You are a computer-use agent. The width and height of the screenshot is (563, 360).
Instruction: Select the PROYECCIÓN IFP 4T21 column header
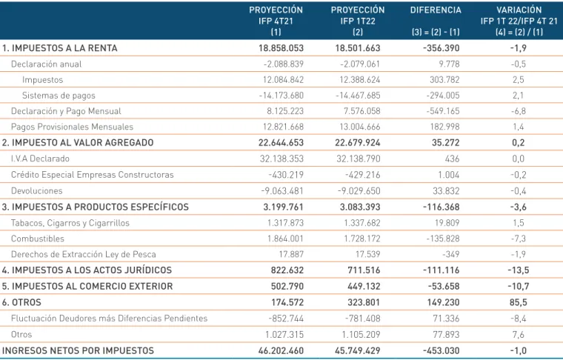coord(276,21)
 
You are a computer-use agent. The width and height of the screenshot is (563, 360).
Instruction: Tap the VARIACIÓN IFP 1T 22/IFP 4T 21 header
coord(519,21)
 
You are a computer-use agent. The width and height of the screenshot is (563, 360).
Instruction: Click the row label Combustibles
coord(38,239)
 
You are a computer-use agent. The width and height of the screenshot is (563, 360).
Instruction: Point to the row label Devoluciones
coord(36,190)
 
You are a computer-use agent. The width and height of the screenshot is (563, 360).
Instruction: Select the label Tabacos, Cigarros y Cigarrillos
coord(70,223)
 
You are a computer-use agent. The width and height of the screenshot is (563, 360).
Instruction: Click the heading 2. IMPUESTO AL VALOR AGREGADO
coord(78,142)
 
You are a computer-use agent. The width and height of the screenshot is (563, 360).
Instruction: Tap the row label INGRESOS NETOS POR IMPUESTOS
coord(78,350)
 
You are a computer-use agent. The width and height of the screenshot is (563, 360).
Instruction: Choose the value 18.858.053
coord(281,48)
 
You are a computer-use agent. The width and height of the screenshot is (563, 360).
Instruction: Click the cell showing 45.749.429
coord(357,350)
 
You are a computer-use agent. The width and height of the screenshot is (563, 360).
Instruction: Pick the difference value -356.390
coord(441,48)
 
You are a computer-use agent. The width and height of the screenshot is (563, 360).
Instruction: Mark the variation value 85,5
coord(518,302)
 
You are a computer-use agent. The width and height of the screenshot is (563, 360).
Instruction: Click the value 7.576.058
coord(362,111)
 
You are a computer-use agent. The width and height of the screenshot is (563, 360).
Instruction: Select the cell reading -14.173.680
coord(281,96)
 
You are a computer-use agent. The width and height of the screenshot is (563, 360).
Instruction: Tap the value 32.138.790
coord(358,159)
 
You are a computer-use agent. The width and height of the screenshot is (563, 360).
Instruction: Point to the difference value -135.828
coord(443,239)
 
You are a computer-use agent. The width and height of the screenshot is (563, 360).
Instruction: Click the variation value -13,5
coord(518,270)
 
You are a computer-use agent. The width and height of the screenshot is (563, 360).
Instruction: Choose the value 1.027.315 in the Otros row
coord(284,335)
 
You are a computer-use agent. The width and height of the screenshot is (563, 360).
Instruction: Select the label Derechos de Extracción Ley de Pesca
coord(84,254)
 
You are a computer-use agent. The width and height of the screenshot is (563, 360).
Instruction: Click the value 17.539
coord(367,254)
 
